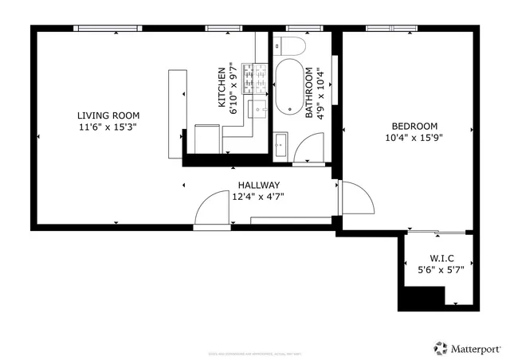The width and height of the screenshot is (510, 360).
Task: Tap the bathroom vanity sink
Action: [x=280, y=145]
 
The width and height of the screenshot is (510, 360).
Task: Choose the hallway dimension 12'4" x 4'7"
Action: [x=257, y=197]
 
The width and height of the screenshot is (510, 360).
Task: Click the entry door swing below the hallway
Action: [x=210, y=211]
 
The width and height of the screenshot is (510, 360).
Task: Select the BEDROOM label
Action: [x=414, y=126]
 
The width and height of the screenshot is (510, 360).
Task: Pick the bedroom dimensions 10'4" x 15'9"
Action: [x=414, y=138]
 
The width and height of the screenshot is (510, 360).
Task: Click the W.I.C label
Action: [x=441, y=258]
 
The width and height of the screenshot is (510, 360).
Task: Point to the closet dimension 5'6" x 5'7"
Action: [x=441, y=270]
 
